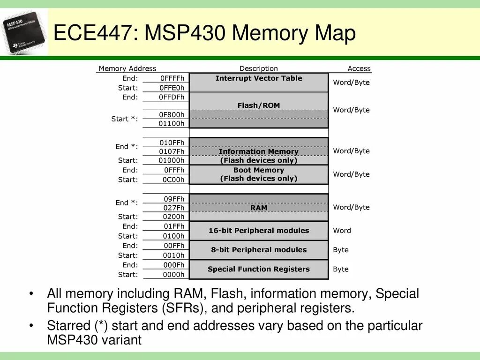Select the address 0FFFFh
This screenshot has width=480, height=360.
click(x=172, y=78)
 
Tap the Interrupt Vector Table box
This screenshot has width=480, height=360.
click(x=259, y=82)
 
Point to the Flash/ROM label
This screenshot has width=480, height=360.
click(x=259, y=105)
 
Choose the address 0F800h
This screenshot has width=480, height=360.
click(x=172, y=114)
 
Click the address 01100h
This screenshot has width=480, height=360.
click(x=172, y=124)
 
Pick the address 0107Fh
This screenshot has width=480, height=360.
click(x=172, y=151)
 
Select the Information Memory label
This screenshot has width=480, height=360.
click(x=259, y=151)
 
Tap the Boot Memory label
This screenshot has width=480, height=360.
click(x=259, y=170)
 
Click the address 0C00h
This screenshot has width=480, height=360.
click(x=173, y=180)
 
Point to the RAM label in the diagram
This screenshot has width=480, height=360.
click(x=259, y=208)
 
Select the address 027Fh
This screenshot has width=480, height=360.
click(x=173, y=208)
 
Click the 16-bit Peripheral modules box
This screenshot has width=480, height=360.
click(x=259, y=231)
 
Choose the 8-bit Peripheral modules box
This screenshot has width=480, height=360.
click(x=259, y=250)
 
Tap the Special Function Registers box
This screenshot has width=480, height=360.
click(x=259, y=269)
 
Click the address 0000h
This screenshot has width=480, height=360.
click(x=173, y=275)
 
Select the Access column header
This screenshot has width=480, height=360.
click(x=359, y=68)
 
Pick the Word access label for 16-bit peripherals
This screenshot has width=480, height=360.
click(x=342, y=231)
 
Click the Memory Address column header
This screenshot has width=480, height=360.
click(x=127, y=68)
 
